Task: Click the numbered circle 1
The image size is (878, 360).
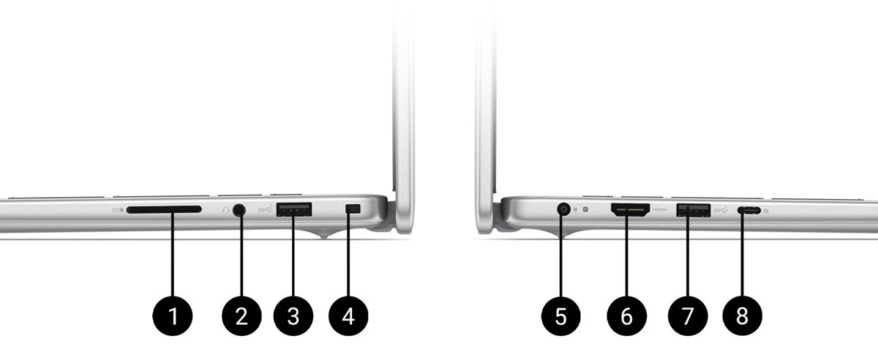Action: pyautogui.click(x=173, y=316)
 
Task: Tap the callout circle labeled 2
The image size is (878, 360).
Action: pyautogui.click(x=241, y=316)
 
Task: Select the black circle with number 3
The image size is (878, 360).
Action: pyautogui.click(x=293, y=316)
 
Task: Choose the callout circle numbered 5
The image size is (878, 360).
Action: pyautogui.click(x=560, y=316)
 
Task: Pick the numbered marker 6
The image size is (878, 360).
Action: pyautogui.click(x=626, y=316)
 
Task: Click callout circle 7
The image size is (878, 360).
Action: pyautogui.click(x=687, y=316)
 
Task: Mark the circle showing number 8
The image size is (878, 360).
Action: pyautogui.click(x=742, y=316)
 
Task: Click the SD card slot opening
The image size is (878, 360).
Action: pyautogui.click(x=164, y=210)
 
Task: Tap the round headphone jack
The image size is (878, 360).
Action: pyautogui.click(x=240, y=210)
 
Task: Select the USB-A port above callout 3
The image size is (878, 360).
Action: pyautogui.click(x=294, y=210)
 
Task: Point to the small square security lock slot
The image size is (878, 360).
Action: pyautogui.click(x=353, y=209)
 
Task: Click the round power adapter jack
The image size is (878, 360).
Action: pyautogui.click(x=563, y=209)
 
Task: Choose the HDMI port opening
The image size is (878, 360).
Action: pyautogui.click(x=629, y=209)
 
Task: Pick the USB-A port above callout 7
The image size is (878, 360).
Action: pyautogui.click(x=693, y=210)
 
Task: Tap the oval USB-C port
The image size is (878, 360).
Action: pyautogui.click(x=748, y=210)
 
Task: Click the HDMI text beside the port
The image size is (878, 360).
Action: pyautogui.click(x=660, y=209)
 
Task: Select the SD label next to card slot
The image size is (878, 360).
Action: pyautogui.click(x=117, y=210)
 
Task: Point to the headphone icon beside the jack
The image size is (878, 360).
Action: pyautogui.click(x=226, y=210)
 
